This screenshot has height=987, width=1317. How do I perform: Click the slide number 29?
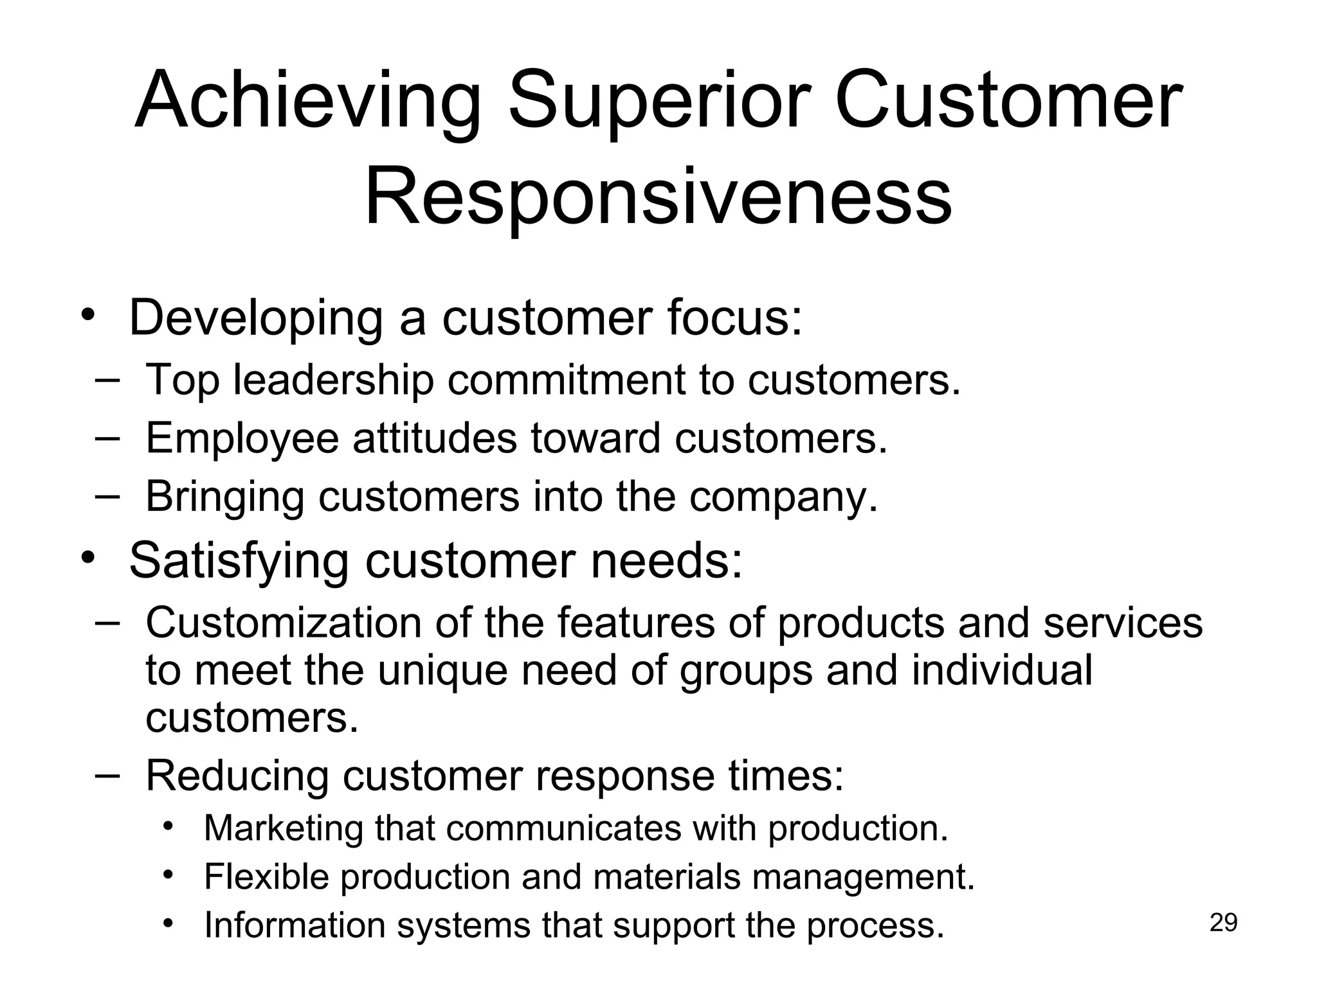tap(1223, 923)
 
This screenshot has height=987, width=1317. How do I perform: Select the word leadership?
tap(333, 380)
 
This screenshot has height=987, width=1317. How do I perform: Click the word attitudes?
tap(434, 438)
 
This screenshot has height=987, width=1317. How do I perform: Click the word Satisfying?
tap(239, 562)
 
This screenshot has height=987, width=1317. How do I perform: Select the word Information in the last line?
tap(293, 925)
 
